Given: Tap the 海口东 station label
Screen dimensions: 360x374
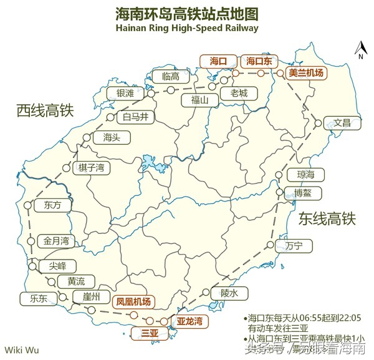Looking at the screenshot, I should (259, 61).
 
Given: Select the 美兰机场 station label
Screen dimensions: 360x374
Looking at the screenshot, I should (306, 73).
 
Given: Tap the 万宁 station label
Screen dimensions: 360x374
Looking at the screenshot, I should (293, 246).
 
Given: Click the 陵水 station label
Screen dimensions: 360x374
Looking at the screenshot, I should (229, 292).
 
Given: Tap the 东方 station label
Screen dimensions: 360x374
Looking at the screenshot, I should (53, 205).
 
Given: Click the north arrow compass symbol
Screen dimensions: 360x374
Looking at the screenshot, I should (360, 49).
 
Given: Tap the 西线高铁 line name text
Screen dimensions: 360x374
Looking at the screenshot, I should (45, 111).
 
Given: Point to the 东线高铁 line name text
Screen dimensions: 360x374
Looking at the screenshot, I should (326, 218).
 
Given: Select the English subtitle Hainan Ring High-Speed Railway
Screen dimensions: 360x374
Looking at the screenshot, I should (186, 27).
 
